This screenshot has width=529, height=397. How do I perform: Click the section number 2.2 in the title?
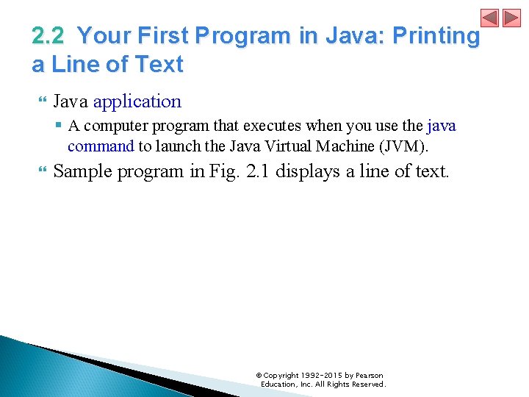[x=49, y=35]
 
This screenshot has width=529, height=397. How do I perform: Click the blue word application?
[x=137, y=101]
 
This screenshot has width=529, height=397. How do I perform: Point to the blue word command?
[x=101, y=146]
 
